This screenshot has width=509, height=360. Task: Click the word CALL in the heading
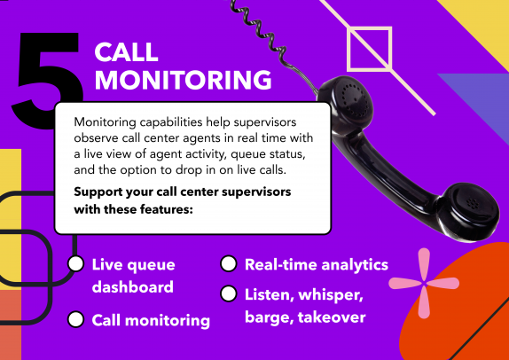126,53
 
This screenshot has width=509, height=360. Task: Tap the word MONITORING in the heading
182,80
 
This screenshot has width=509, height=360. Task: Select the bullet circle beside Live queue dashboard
76,264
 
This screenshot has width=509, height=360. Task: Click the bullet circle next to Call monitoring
76,319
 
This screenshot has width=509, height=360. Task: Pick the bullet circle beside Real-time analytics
229,264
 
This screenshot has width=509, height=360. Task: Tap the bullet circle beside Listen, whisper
229,293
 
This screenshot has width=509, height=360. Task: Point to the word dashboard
133,287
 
